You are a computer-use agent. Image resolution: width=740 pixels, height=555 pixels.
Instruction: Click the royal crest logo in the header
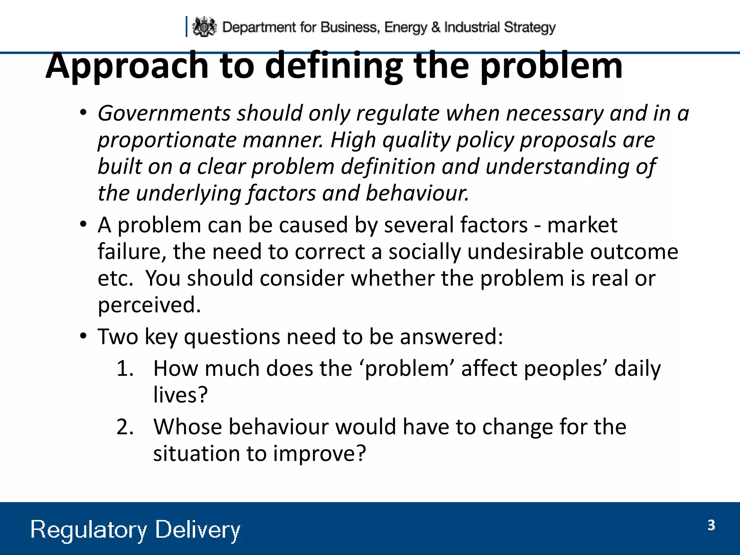point(204,27)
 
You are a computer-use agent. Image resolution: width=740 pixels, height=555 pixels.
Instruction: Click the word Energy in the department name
point(405,27)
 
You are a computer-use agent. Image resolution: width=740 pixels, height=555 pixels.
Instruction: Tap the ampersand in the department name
point(436,27)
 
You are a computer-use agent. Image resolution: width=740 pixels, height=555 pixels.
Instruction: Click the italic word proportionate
point(167,140)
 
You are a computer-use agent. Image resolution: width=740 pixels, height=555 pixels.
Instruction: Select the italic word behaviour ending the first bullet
point(417,193)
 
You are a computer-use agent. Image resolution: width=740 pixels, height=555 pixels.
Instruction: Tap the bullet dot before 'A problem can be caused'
point(83,225)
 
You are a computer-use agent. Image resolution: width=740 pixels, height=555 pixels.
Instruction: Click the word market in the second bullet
point(582,225)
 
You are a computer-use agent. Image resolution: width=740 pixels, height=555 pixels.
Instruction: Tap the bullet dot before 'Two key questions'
point(83,336)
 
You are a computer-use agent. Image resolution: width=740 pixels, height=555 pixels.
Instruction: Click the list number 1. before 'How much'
point(125,369)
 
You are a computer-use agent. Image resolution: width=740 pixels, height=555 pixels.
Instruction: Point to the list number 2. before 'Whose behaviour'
point(125,427)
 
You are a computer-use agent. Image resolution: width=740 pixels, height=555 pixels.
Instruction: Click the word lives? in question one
point(180,395)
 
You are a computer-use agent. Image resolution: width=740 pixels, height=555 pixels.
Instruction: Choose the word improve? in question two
point(319,454)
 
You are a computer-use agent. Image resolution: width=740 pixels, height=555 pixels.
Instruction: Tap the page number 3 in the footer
point(711,525)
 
